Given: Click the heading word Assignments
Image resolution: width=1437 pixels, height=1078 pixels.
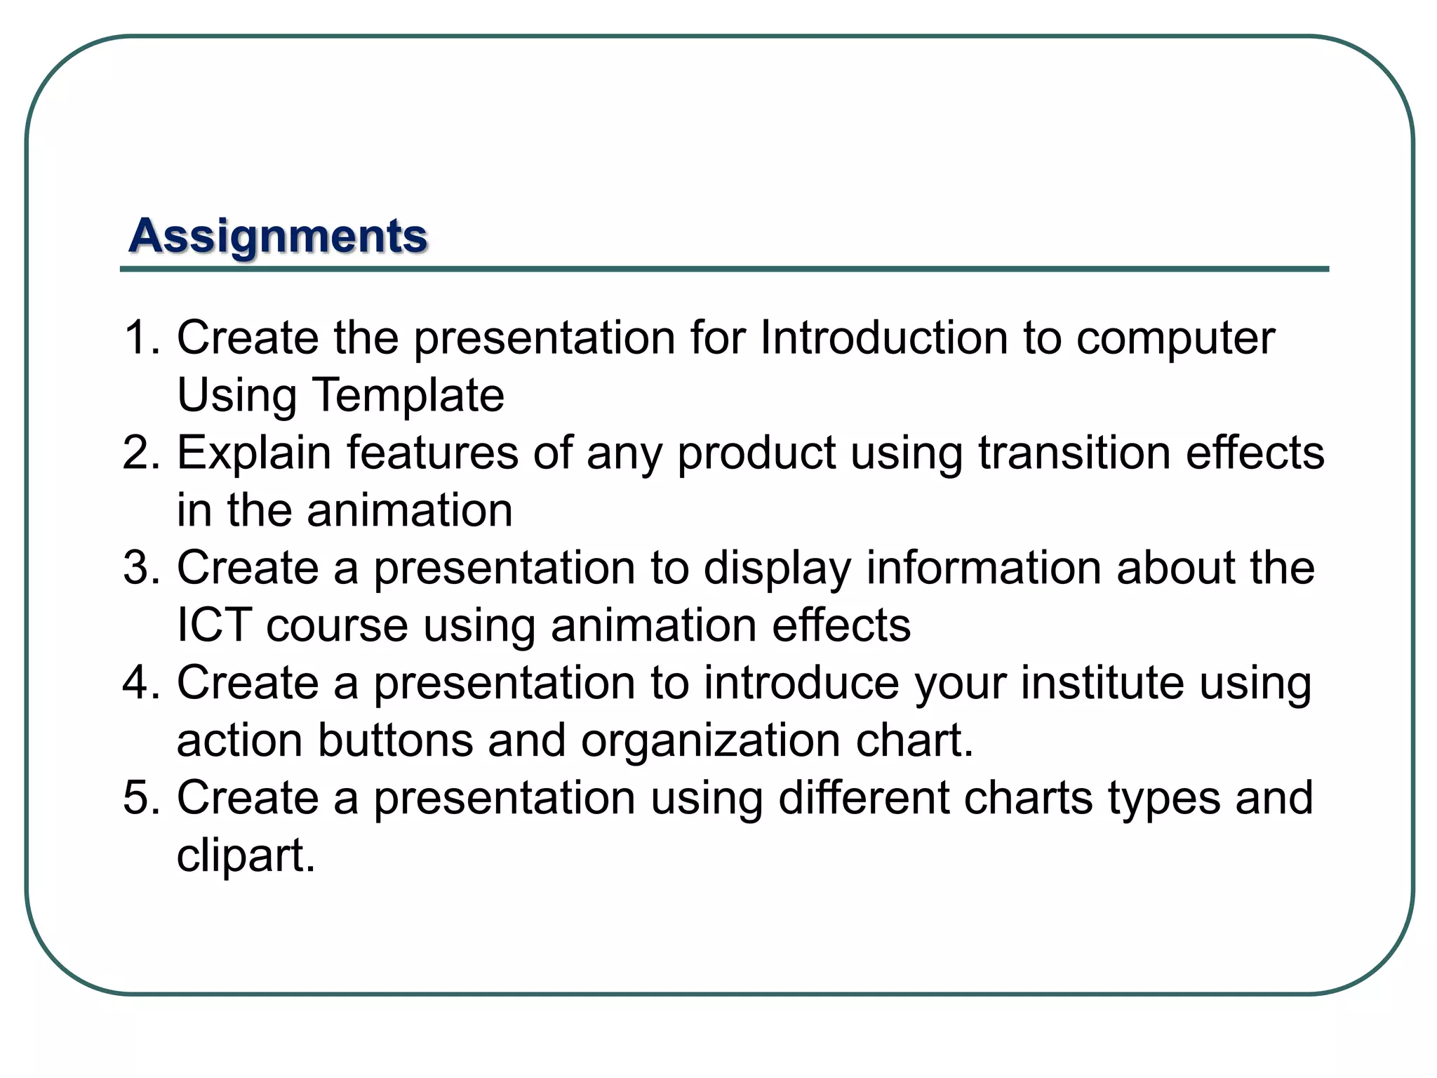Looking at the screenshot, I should coord(278,237).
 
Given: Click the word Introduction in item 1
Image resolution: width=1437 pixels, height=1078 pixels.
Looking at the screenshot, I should coord(883,338).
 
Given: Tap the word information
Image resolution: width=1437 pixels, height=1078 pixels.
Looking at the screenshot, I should coord(984,568).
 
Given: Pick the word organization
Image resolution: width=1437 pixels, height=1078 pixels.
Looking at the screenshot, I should coord(710,742).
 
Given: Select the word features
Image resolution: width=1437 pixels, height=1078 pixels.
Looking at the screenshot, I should coord(432,453).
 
